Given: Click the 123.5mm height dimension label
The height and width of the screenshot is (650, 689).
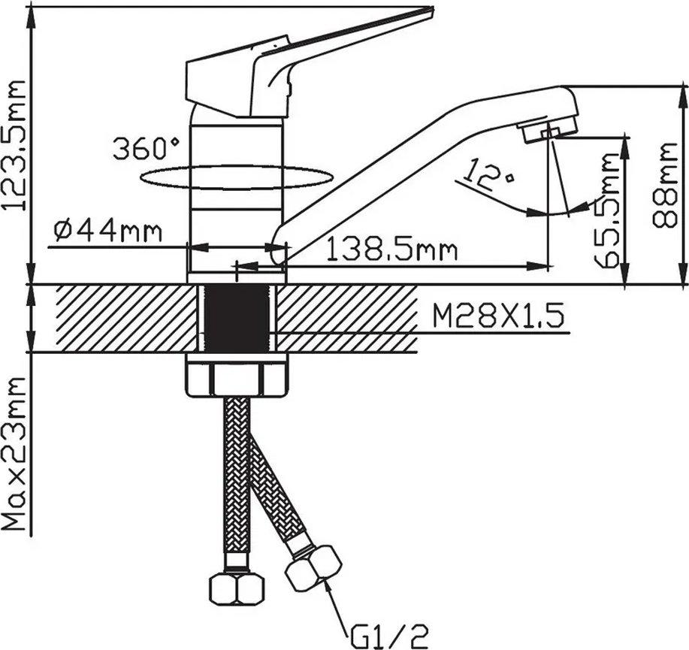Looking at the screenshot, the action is coord(14,144).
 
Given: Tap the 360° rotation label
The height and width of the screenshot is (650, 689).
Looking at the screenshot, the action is coord(146,149).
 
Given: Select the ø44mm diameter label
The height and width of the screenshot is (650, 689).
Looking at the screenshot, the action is coord(108,231).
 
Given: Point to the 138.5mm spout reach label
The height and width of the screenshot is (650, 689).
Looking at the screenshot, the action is coord(392,250).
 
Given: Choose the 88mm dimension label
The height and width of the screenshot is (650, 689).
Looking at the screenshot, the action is coord(664,185).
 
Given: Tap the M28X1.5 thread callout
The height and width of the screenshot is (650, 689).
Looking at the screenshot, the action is coord(498,317).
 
